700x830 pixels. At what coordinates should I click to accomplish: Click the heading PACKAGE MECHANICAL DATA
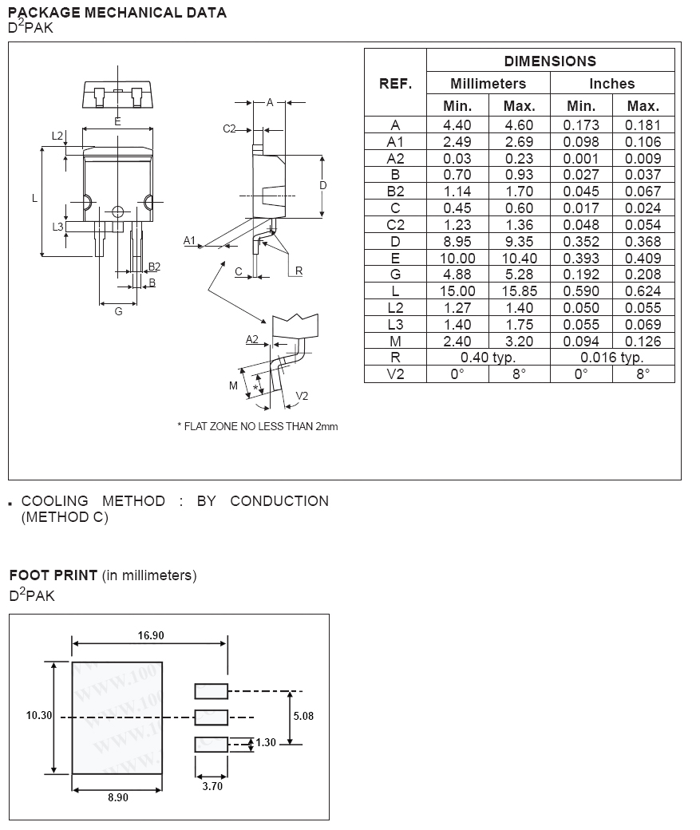click(117, 13)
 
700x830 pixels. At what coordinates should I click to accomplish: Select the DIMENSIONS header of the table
click(550, 61)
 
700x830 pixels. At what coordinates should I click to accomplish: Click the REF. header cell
click(395, 83)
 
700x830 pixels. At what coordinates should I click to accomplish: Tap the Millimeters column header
click(488, 83)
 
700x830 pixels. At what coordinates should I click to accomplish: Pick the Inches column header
click(612, 83)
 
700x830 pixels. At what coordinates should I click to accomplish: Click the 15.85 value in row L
click(519, 291)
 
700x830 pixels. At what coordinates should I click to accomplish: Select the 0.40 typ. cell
click(488, 358)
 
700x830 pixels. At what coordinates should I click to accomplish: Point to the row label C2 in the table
click(395, 225)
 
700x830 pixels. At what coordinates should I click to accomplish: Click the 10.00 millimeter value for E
click(457, 259)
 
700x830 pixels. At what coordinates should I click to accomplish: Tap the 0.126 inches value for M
click(643, 341)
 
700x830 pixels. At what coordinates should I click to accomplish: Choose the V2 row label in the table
click(395, 374)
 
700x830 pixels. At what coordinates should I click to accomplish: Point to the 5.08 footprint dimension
click(303, 716)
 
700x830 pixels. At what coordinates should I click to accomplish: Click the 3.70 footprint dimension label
click(212, 785)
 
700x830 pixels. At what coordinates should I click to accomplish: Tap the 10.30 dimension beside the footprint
click(39, 716)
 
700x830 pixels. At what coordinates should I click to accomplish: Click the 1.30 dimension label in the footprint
click(266, 742)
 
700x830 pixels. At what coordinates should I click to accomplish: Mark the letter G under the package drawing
click(118, 311)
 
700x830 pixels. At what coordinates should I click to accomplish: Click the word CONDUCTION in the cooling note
click(279, 501)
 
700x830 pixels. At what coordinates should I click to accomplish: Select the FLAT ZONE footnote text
click(257, 426)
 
